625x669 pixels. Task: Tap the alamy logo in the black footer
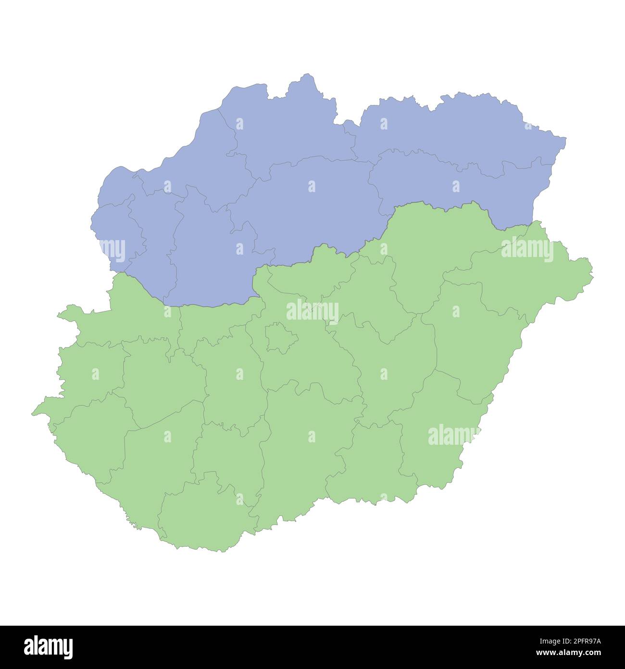[49, 647]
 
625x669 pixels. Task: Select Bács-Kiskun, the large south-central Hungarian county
[308, 448]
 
